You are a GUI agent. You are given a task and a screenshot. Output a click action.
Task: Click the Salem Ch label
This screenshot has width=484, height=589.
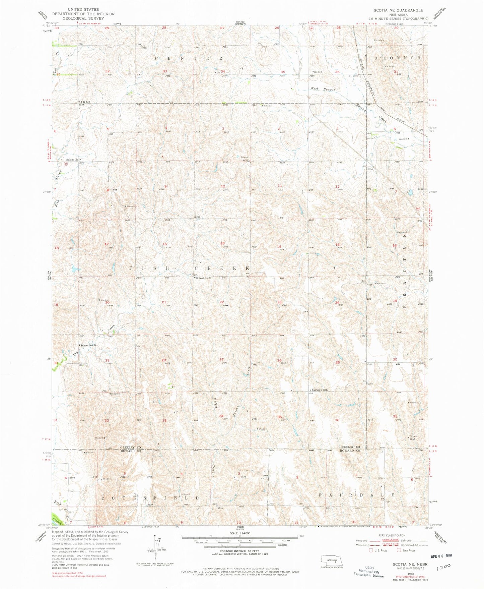pyautogui.click(x=72, y=160)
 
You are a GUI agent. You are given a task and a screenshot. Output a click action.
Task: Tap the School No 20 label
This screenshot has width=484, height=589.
pyautogui.click(x=204, y=278)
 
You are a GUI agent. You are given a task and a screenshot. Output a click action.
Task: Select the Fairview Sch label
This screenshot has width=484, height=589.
pyautogui.click(x=319, y=390)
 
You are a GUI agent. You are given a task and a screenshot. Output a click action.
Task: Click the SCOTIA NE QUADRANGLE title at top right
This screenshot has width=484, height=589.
pyautogui.click(x=398, y=10)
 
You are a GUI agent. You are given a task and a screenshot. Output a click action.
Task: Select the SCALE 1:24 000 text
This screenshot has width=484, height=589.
pyautogui.click(x=240, y=533)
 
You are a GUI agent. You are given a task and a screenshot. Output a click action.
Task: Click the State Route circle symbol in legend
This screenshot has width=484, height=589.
pyautogui.click(x=399, y=550)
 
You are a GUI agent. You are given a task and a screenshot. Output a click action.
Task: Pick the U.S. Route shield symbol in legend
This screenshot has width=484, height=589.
pyautogui.click(x=370, y=550)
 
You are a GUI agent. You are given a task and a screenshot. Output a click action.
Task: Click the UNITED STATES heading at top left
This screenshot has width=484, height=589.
pyautogui.click(x=83, y=10)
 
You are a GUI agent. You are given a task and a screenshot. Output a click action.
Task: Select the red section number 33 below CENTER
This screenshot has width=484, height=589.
pyautogui.click(x=164, y=71)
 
